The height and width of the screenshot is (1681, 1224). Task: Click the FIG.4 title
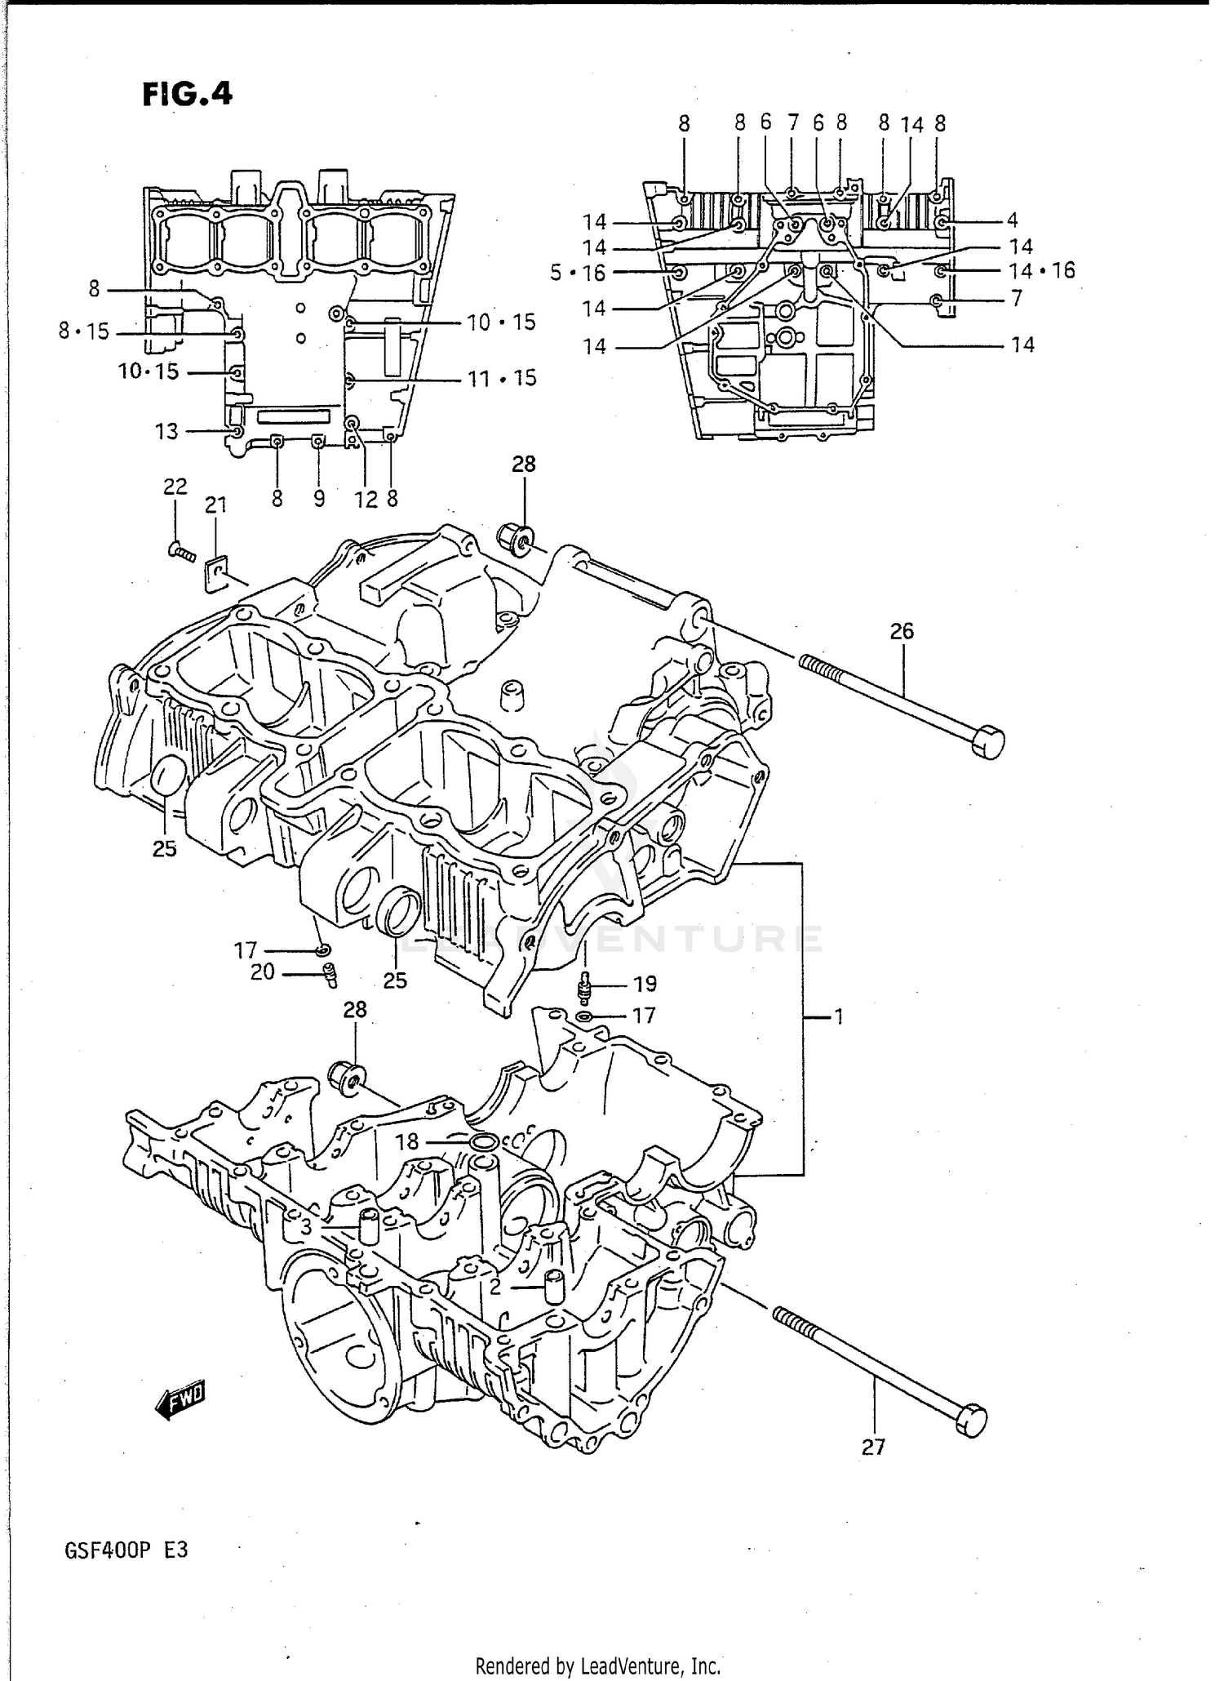tap(187, 94)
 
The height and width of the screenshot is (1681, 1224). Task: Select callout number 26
tap(902, 631)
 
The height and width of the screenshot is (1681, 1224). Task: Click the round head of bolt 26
tap(988, 741)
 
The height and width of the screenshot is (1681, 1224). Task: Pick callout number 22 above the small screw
tap(175, 487)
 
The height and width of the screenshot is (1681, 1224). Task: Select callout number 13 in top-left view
tap(166, 431)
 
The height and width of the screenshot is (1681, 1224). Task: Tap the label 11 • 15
tap(502, 379)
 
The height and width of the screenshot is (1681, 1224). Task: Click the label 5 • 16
tap(578, 273)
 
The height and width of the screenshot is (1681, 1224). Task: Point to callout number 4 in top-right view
tap(1012, 220)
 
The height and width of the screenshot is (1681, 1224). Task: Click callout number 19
tap(644, 984)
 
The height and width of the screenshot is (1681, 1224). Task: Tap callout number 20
tap(263, 973)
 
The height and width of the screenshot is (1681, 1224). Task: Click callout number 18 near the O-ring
tap(406, 1142)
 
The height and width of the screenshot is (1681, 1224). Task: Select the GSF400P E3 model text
tap(125, 1549)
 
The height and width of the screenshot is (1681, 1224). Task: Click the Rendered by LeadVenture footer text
tap(598, 1665)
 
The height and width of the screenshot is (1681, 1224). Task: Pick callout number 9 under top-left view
tap(319, 499)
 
